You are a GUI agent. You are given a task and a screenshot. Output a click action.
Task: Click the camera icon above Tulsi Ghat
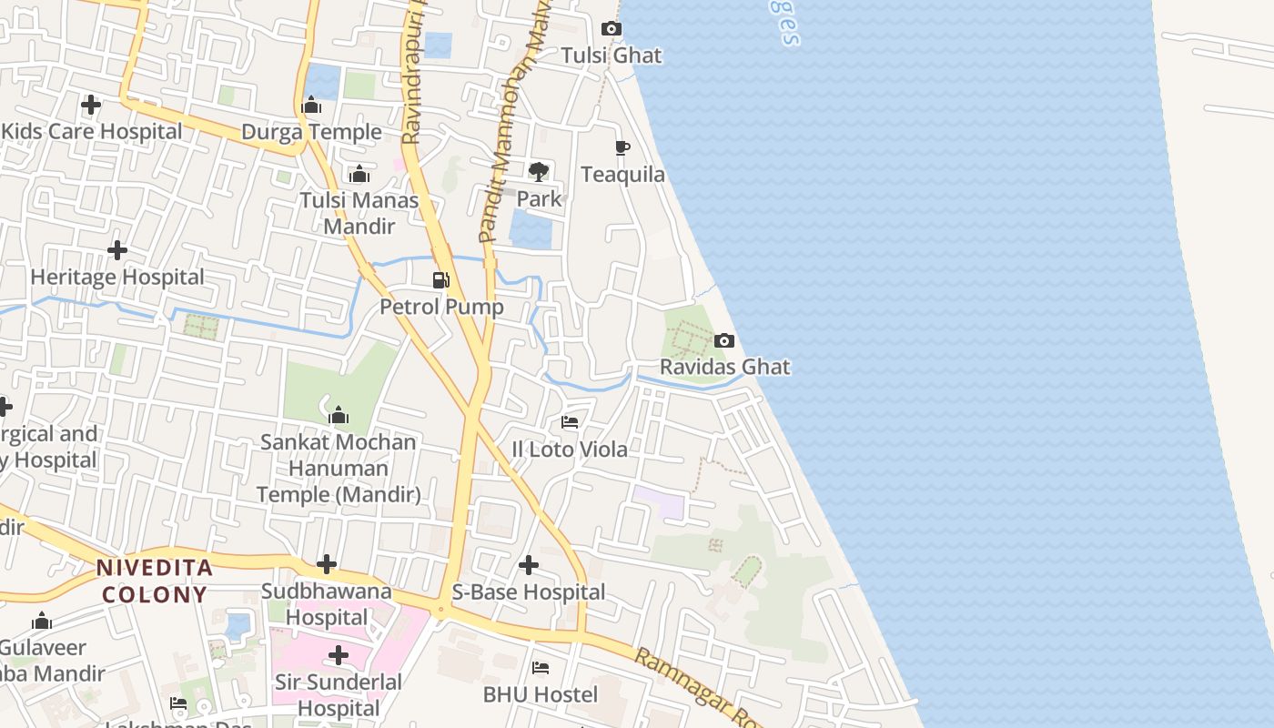pos(612,29)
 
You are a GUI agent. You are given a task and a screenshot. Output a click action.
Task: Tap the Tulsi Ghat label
pos(612,56)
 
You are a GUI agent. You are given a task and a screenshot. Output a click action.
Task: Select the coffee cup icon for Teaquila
pos(622,147)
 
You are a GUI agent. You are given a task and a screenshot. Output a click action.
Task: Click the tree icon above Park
pos(539,171)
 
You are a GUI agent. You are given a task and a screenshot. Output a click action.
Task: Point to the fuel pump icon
pos(441,279)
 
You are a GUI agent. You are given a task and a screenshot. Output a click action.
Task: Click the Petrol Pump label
pos(441,307)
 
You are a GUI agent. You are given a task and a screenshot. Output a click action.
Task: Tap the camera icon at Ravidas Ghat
pos(724,340)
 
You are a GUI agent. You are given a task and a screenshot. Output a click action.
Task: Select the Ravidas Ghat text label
pos(724,367)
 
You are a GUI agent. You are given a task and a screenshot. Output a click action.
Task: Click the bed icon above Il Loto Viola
pos(570,421)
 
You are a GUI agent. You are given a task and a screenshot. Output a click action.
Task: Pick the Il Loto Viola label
pos(570,450)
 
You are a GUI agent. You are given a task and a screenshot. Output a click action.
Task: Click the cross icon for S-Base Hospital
pos(529,565)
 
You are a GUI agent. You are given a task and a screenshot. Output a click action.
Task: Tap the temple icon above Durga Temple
pos(311,106)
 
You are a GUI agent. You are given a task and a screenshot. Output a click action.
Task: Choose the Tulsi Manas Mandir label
pos(359,213)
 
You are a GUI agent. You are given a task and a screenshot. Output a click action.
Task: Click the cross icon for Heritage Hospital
pos(117,250)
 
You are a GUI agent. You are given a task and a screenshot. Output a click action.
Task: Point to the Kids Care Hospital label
pos(92,131)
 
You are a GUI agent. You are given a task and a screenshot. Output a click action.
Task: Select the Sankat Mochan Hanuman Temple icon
pos(339,416)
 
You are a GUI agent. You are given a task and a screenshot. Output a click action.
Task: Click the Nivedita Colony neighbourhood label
pos(155,581)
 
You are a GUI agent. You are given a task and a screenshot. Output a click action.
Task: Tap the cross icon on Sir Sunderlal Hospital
pos(339,655)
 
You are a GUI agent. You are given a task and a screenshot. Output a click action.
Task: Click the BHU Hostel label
pos(541,695)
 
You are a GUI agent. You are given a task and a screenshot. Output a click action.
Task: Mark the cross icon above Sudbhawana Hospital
pos(327,564)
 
